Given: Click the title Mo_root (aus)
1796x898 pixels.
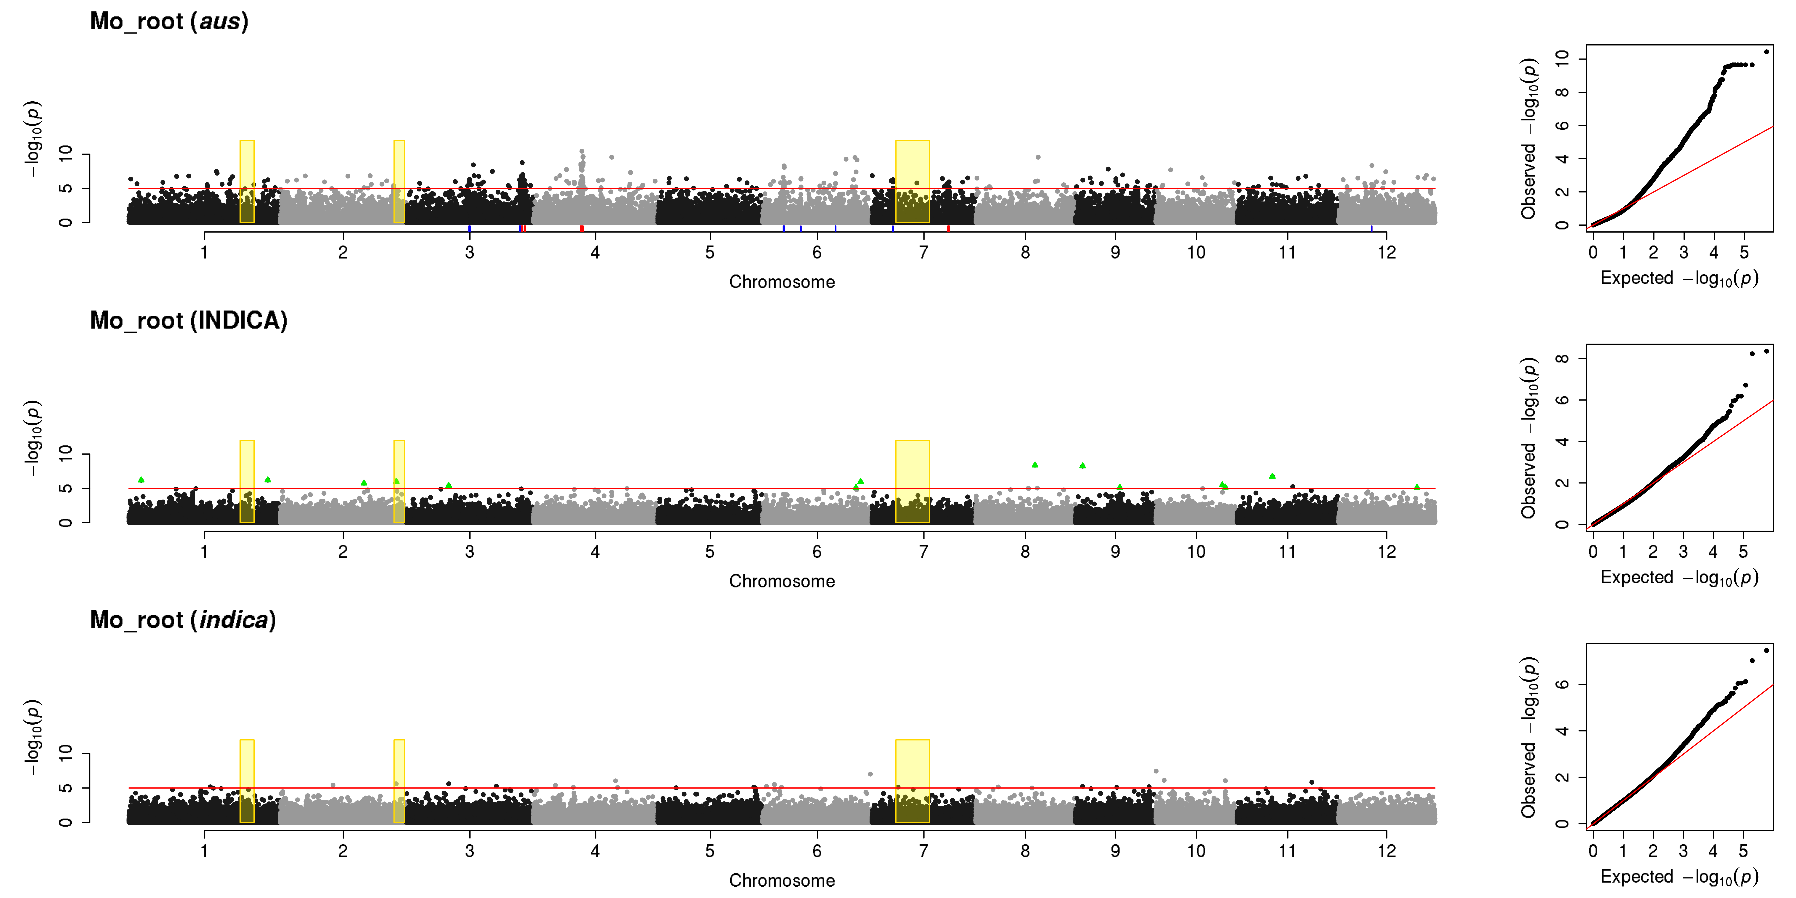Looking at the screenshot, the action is click(x=169, y=22).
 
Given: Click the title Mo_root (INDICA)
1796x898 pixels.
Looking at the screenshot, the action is click(x=188, y=321).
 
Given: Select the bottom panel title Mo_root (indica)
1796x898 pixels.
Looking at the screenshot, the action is click(x=183, y=620).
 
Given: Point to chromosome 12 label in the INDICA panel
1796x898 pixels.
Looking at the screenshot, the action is click(x=1386, y=552).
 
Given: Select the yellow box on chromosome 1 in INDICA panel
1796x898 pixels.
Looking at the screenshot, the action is click(x=247, y=481).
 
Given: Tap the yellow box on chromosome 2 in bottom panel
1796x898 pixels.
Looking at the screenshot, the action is click(x=399, y=781).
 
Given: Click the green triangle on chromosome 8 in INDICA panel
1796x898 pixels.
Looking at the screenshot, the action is click(x=1035, y=464).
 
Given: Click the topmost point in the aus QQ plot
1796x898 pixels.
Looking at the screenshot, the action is click(x=1766, y=52).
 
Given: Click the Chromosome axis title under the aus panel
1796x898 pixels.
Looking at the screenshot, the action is click(x=782, y=282).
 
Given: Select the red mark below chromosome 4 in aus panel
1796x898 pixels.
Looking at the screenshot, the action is click(x=581, y=229).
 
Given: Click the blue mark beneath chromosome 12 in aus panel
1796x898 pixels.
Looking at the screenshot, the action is click(x=1371, y=229).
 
